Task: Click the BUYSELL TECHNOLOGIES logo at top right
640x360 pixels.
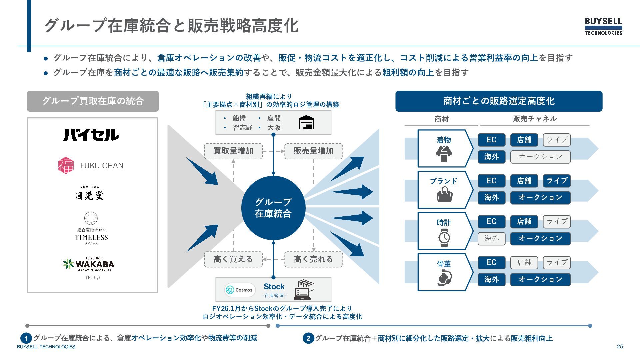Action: pyautogui.click(x=603, y=26)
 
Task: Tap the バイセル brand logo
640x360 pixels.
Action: pyautogui.click(x=91, y=135)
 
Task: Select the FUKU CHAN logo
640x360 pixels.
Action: pyautogui.click(x=91, y=165)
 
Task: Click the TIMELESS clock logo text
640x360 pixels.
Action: pyautogui.click(x=91, y=237)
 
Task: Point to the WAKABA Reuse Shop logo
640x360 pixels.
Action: pyautogui.click(x=89, y=264)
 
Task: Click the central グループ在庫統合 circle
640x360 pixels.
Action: pyautogui.click(x=273, y=208)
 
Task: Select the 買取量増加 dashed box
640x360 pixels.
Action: pyautogui.click(x=233, y=151)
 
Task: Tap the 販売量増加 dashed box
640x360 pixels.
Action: pyautogui.click(x=313, y=151)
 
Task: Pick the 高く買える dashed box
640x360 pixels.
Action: pyautogui.click(x=233, y=259)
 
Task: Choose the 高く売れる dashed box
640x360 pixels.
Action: pyautogui.click(x=313, y=259)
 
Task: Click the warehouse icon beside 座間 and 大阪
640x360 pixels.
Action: pyautogui.click(x=306, y=123)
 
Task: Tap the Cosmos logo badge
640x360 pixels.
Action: pyautogui.click(x=240, y=290)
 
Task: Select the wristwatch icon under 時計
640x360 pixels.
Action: pyautogui.click(x=444, y=237)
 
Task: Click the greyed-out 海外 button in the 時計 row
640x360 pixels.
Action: pyautogui.click(x=492, y=238)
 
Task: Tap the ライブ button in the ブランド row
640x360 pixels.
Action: pyautogui.click(x=557, y=181)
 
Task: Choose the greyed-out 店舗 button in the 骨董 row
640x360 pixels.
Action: pyautogui.click(x=524, y=262)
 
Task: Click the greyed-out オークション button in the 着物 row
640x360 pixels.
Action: pyautogui.click(x=540, y=157)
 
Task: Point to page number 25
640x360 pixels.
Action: pyautogui.click(x=620, y=347)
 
